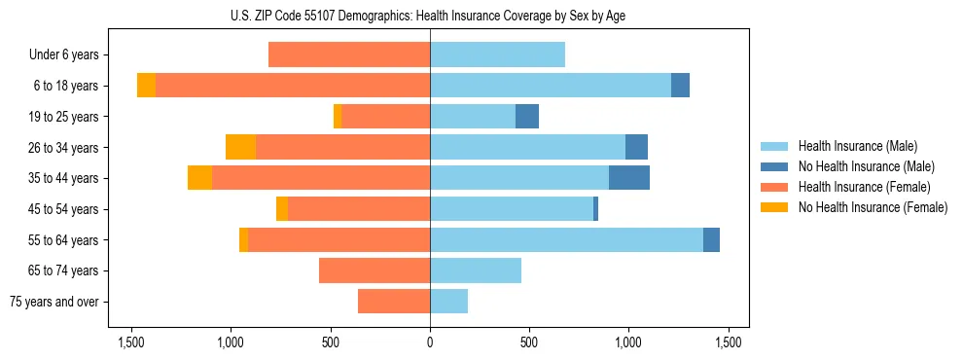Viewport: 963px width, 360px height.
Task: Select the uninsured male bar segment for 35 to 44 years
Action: pyautogui.click(x=628, y=178)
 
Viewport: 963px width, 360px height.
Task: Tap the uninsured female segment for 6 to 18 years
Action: pyautogui.click(x=146, y=86)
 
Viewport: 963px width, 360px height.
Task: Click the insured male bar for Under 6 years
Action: pyautogui.click(x=497, y=55)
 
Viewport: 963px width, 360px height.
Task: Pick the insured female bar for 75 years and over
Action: pyautogui.click(x=394, y=302)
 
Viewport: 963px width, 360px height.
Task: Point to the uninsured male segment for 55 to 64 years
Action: pyautogui.click(x=711, y=240)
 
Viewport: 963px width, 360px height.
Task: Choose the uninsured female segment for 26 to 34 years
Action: pyautogui.click(x=240, y=147)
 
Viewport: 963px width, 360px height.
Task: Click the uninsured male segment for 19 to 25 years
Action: pyautogui.click(x=526, y=117)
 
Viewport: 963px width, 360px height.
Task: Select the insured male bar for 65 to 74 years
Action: pyautogui.click(x=476, y=270)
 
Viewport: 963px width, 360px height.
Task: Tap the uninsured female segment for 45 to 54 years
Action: pyautogui.click(x=282, y=209)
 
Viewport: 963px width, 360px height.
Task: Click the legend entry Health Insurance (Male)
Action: pyautogui.click(x=857, y=146)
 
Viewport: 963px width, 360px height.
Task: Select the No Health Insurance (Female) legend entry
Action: pyautogui.click(x=873, y=207)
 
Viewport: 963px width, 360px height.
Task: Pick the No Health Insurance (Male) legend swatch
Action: pyautogui.click(x=775, y=166)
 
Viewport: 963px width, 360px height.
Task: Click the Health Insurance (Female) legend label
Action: pyautogui.click(x=865, y=187)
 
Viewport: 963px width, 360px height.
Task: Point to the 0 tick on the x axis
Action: pyautogui.click(x=430, y=342)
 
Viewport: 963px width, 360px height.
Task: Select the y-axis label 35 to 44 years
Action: pyautogui.click(x=64, y=178)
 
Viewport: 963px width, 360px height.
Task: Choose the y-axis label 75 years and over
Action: pyautogui.click(x=54, y=302)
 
